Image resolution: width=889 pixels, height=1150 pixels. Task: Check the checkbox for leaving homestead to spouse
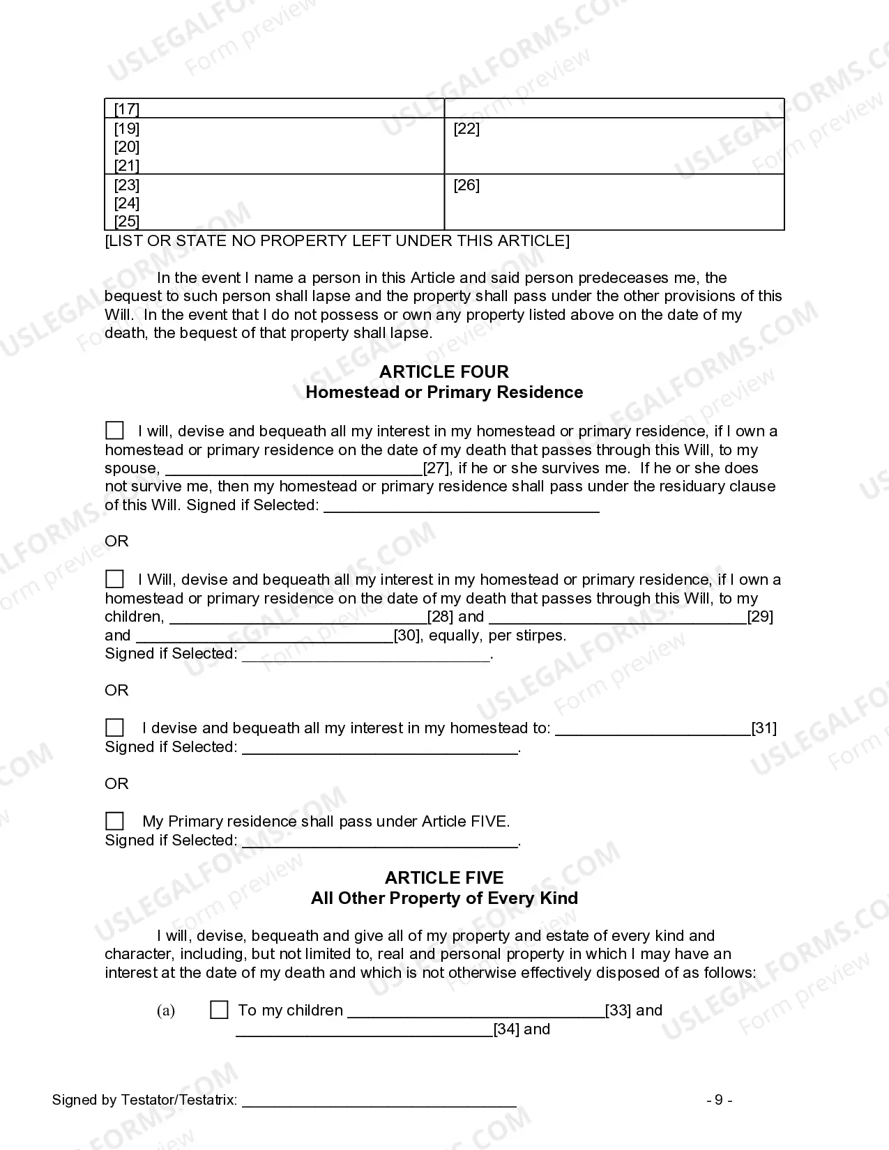click(114, 431)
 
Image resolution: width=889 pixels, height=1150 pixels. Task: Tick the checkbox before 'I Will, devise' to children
click(114, 579)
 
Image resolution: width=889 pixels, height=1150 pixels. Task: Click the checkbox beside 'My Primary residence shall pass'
click(114, 821)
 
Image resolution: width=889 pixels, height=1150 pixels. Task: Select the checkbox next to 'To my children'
click(219, 1010)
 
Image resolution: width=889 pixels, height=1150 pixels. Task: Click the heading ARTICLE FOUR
click(443, 371)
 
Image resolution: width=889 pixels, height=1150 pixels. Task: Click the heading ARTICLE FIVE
click(443, 877)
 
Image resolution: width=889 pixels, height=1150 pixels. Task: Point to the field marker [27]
click(437, 468)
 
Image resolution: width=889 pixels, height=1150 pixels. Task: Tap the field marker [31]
click(764, 728)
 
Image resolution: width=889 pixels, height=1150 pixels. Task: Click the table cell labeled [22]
click(466, 129)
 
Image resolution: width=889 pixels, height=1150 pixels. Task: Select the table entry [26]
click(466, 185)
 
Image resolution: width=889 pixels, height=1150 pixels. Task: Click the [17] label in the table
click(127, 109)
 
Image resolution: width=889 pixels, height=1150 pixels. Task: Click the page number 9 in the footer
click(719, 1101)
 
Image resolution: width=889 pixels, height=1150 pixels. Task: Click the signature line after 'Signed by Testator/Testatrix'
click(379, 1101)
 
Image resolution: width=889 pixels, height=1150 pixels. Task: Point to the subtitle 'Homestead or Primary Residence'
click(443, 392)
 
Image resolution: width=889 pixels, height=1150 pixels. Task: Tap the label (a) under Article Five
click(166, 1011)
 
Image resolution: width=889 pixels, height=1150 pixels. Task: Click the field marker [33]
click(618, 1011)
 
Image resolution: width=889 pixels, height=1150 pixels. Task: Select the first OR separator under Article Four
click(116, 542)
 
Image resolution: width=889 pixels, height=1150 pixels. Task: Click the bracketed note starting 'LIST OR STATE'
click(337, 241)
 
